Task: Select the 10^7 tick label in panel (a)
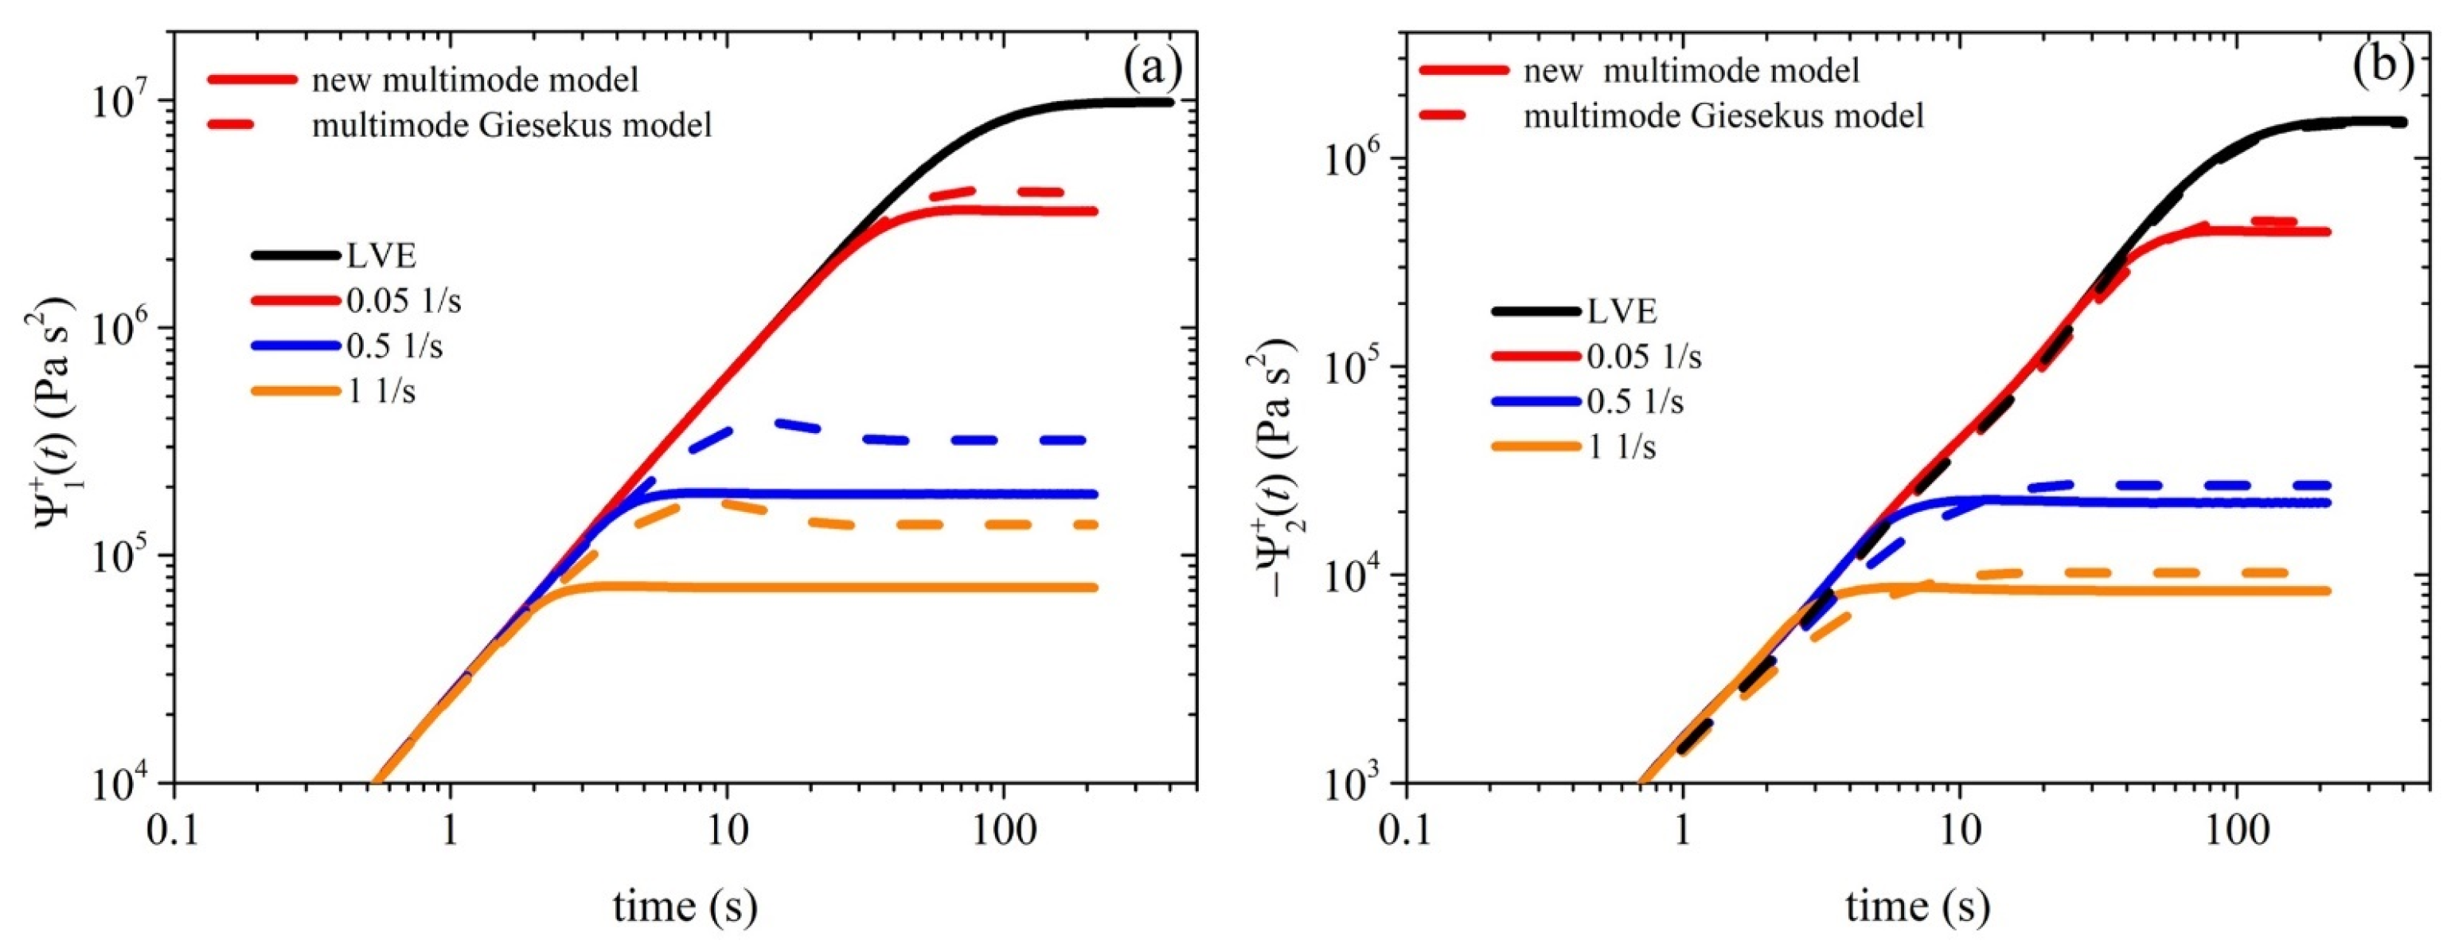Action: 127,101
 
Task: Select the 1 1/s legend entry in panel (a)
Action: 381,391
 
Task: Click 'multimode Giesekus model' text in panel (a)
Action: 512,125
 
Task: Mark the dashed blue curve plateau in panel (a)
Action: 970,439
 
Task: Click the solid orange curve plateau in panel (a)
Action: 857,588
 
